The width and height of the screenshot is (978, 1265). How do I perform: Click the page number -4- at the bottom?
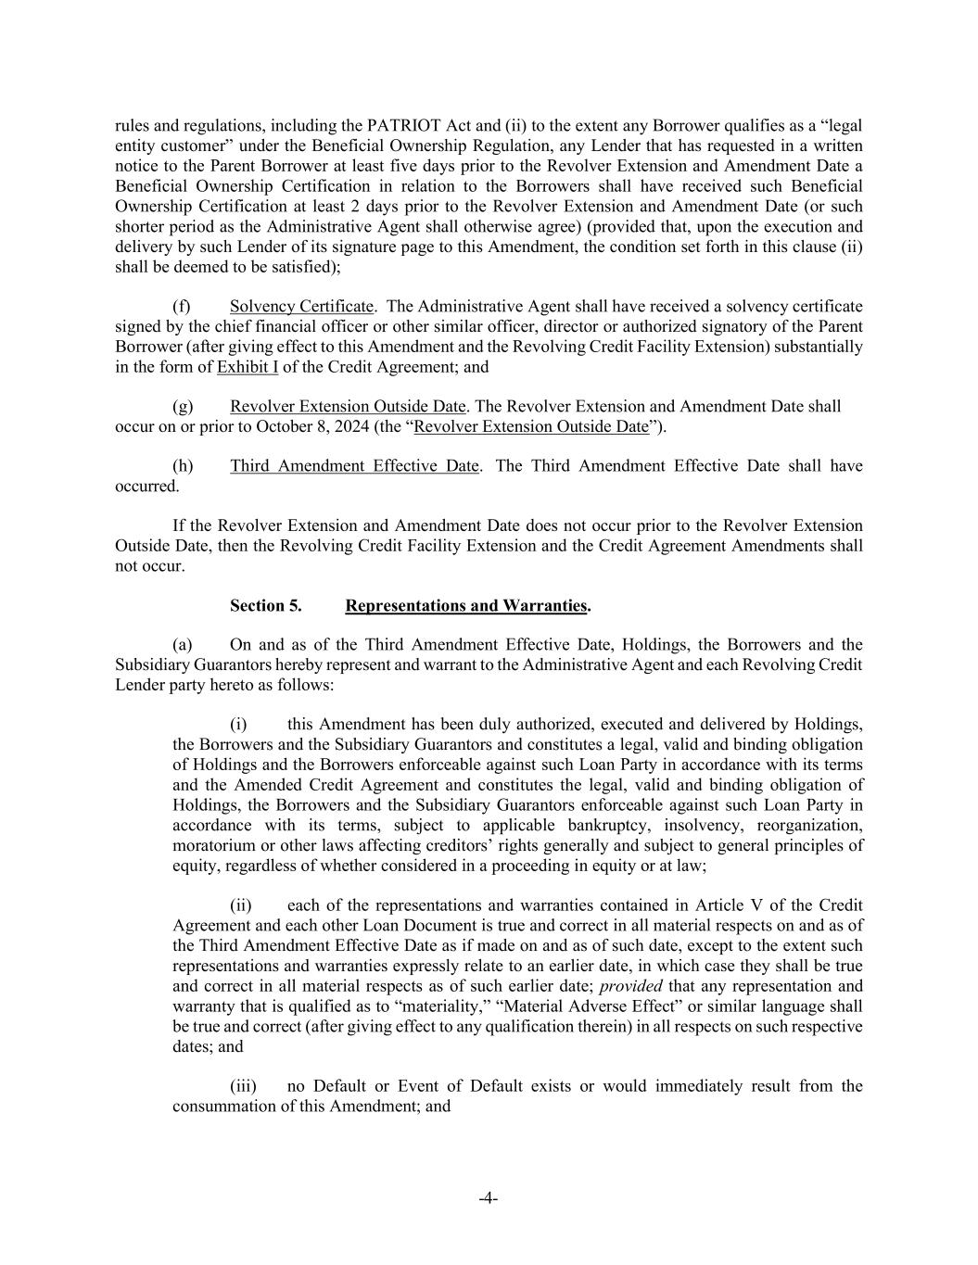pos(489,1199)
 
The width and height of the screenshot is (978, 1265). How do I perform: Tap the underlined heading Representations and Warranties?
pos(466,606)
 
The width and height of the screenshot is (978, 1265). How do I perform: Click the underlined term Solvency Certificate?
pos(301,307)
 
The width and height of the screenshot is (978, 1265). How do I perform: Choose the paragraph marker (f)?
pos(182,307)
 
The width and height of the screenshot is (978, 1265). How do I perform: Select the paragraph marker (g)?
pos(183,407)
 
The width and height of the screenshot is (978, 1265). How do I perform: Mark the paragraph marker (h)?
pos(183,466)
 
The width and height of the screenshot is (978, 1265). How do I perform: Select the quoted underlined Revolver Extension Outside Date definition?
pos(531,427)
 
